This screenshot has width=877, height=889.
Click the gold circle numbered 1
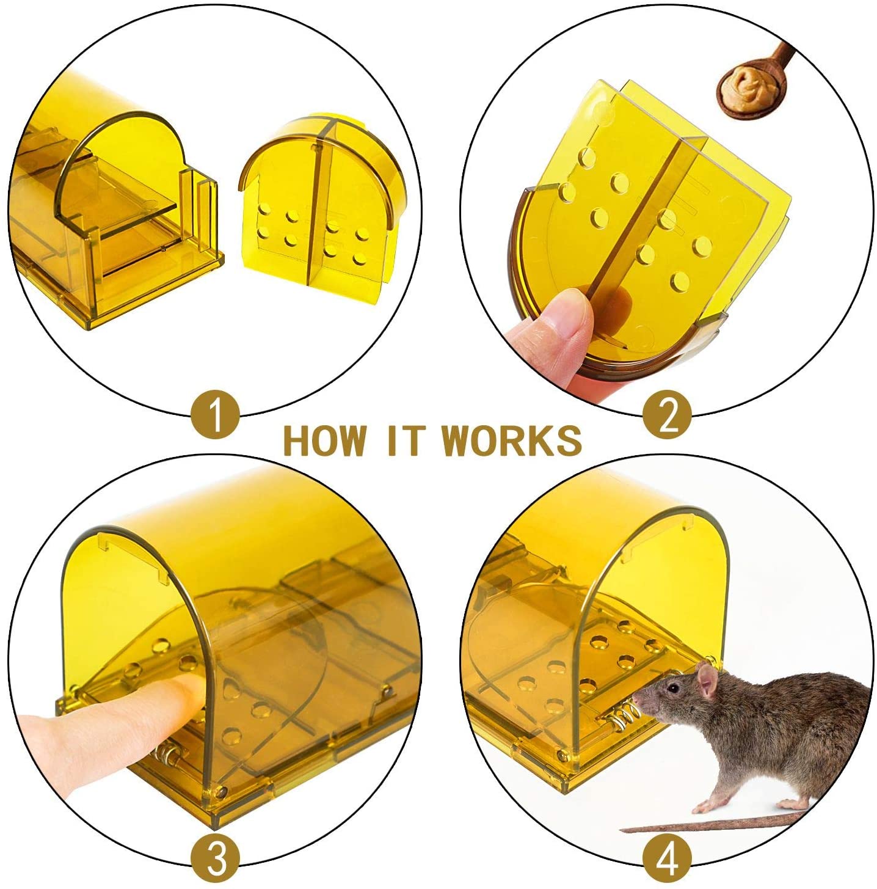click(x=215, y=415)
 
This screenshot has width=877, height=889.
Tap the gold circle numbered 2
click(x=667, y=415)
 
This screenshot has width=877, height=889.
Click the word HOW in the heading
click(x=325, y=441)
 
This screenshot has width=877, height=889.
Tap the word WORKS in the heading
click(x=512, y=441)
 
